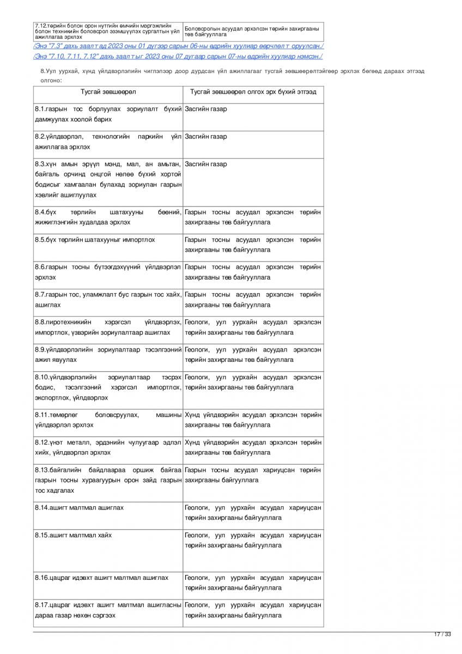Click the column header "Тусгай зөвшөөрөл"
click(108, 92)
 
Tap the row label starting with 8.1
click(108, 114)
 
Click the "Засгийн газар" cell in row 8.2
click(206, 136)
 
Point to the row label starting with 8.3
click(108, 179)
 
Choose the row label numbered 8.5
click(95, 240)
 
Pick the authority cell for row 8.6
click(253, 272)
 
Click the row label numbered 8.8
click(108, 327)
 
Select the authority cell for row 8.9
click(253, 354)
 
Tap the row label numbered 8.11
click(108, 420)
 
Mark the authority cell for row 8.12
click(253, 447)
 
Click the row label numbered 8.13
click(108, 480)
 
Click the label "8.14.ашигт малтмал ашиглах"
click(80, 507)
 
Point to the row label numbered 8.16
click(102, 577)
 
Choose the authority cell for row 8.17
click(253, 610)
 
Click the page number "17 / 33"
click(442, 634)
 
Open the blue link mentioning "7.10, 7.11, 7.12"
click(178, 56)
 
